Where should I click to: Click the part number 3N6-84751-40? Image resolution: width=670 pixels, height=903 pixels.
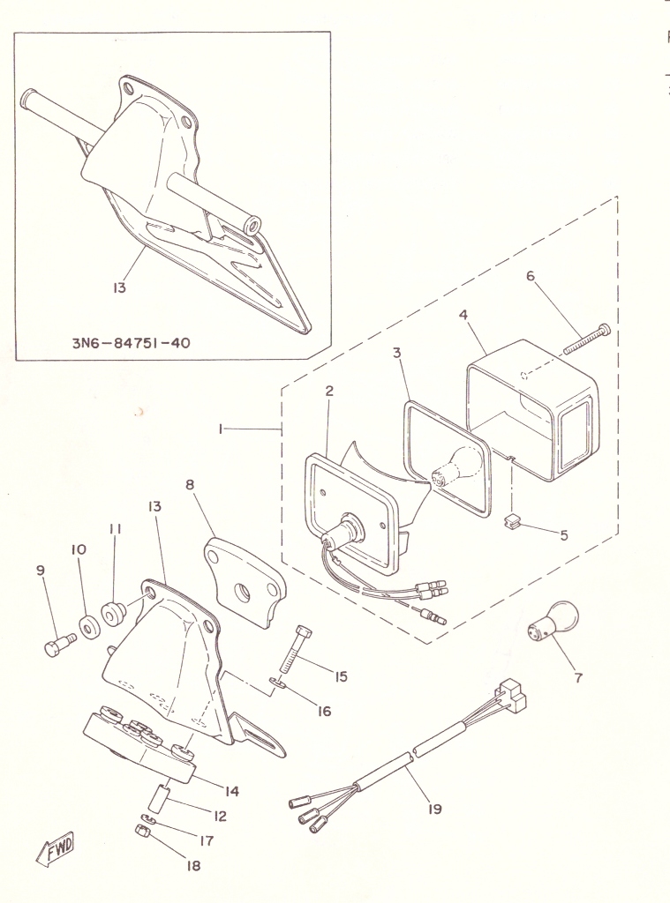(131, 343)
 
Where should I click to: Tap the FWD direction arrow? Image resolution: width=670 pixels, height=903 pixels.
(56, 848)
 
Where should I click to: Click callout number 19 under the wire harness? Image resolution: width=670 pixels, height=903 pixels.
(435, 810)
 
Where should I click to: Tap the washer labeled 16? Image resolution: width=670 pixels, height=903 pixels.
(277, 683)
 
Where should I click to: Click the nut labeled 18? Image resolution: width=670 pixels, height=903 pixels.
(142, 831)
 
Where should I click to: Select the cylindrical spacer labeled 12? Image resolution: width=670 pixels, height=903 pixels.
(159, 795)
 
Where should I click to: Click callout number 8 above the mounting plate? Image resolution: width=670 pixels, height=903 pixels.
(190, 484)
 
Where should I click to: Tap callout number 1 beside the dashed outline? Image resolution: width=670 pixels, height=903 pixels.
(221, 429)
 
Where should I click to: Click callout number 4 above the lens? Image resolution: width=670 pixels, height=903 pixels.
(463, 315)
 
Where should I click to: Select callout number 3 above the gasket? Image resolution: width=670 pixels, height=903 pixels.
(396, 353)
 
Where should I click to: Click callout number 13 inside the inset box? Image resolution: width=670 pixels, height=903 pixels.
(119, 287)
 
